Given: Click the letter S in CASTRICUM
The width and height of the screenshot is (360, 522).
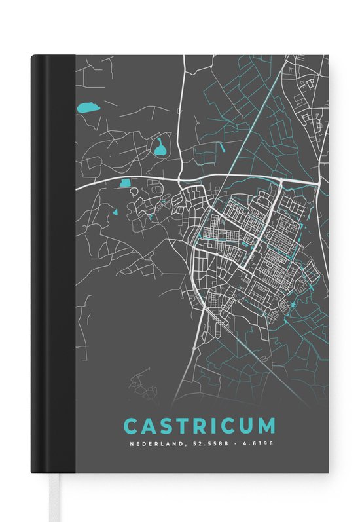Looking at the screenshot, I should [166, 426].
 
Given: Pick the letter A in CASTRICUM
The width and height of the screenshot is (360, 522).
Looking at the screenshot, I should [149, 426].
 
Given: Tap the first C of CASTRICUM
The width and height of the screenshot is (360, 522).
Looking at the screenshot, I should [130, 426].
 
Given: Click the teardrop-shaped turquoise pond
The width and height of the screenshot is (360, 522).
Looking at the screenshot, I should [159, 148].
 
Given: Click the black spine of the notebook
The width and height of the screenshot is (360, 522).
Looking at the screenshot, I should [53, 262].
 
